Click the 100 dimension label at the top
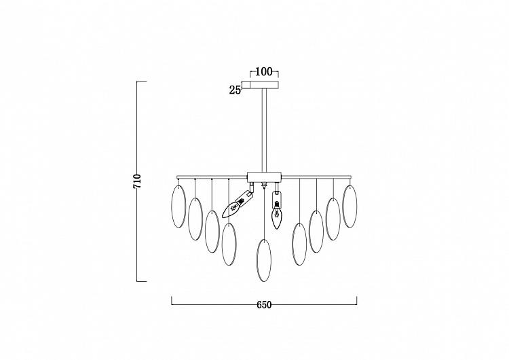point(264,71)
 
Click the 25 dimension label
point(235,90)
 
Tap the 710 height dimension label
point(137,181)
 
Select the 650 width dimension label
point(264,305)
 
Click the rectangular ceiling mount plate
point(264,84)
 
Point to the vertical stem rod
point(264,130)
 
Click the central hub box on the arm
point(264,177)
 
